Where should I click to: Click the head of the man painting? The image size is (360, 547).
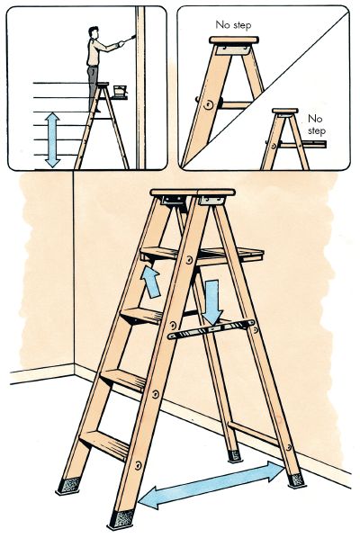93,32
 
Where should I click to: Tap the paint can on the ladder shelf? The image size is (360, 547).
120,90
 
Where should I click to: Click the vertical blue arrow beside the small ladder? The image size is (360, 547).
52,139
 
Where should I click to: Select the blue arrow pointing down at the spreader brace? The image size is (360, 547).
212,301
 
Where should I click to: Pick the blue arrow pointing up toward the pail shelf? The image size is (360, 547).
150,282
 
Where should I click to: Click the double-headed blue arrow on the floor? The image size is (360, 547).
212,484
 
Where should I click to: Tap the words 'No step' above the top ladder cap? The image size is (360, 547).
233,25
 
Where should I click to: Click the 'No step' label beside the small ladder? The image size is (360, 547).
317,124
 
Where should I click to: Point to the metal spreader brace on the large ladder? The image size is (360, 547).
211,329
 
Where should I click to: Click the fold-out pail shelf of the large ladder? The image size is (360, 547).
202,255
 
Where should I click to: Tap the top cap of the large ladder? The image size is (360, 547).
193,193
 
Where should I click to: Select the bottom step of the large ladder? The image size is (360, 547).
104,444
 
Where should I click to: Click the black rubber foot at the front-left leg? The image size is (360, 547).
68,485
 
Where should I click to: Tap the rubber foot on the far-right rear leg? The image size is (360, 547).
296,480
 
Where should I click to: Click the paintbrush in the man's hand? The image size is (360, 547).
130,38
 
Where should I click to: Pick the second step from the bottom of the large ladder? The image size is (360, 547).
124,381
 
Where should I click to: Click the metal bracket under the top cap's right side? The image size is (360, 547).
211,201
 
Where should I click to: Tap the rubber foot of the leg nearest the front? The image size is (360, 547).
121,519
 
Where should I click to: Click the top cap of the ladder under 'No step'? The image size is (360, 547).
234,40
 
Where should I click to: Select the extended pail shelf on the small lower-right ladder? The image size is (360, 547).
303,144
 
